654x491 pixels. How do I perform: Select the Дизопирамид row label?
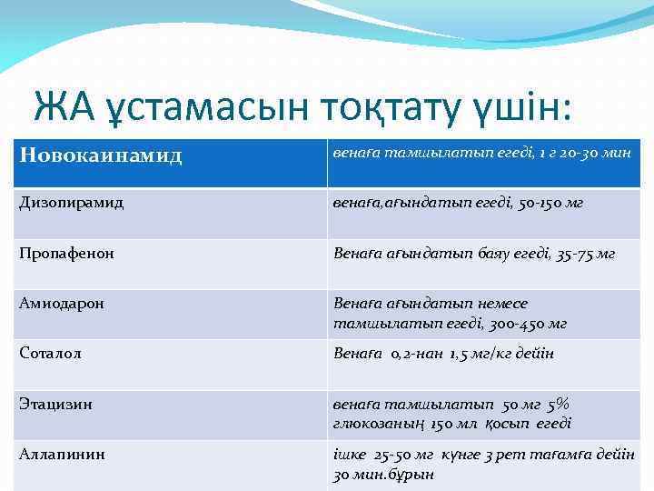click(72, 203)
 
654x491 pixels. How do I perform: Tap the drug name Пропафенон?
click(66, 254)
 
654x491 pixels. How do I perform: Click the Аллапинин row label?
click(62, 454)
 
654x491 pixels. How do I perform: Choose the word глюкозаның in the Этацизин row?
click(376, 423)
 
